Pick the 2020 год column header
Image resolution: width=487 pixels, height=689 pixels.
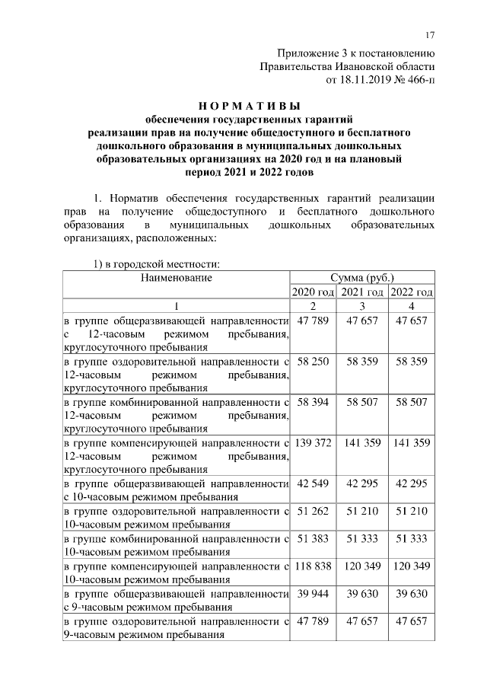[x=313, y=292]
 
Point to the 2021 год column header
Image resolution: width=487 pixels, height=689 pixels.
[x=362, y=292]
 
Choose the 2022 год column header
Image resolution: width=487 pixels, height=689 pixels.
[x=412, y=292]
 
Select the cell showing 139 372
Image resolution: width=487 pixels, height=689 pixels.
[x=313, y=442]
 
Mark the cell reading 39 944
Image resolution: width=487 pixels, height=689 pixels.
[x=313, y=594]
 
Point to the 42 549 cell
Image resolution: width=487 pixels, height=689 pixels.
[x=313, y=483]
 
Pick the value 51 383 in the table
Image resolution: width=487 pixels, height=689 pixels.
[x=313, y=538]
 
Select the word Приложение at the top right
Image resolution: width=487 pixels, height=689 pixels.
[x=308, y=53]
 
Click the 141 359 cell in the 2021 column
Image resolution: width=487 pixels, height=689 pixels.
[x=362, y=442]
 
